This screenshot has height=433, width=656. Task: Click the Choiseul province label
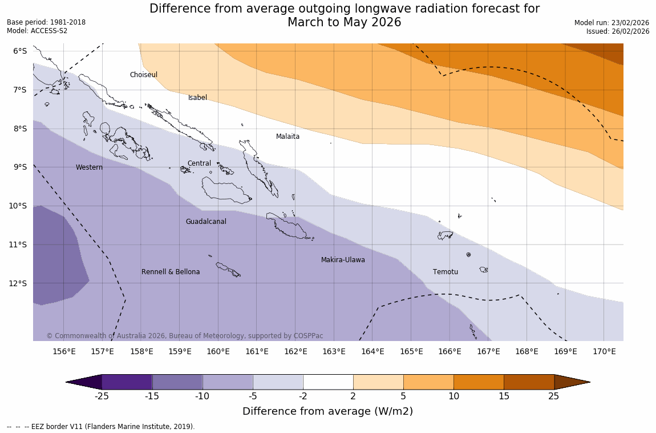point(143,75)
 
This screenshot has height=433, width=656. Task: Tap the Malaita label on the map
point(287,137)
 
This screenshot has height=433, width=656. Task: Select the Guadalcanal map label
point(206,222)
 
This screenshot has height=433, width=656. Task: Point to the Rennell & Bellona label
point(171,272)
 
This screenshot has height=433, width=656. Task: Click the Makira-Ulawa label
point(343,260)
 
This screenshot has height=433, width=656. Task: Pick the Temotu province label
point(445,272)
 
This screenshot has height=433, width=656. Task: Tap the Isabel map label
point(197,98)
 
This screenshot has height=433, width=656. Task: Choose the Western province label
point(89,167)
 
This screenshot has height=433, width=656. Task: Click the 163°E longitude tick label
point(334,351)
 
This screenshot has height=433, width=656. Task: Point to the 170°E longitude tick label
point(604,351)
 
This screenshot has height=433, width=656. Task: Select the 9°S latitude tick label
point(20,167)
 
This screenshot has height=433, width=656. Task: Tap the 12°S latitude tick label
point(20,283)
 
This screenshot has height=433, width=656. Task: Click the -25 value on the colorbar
point(102,396)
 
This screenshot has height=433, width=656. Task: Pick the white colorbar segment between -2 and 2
point(328,382)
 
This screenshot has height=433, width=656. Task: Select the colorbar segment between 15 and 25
point(529,382)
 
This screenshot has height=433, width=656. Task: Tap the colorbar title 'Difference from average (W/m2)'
point(327,411)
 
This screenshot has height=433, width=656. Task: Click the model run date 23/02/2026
point(630,22)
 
